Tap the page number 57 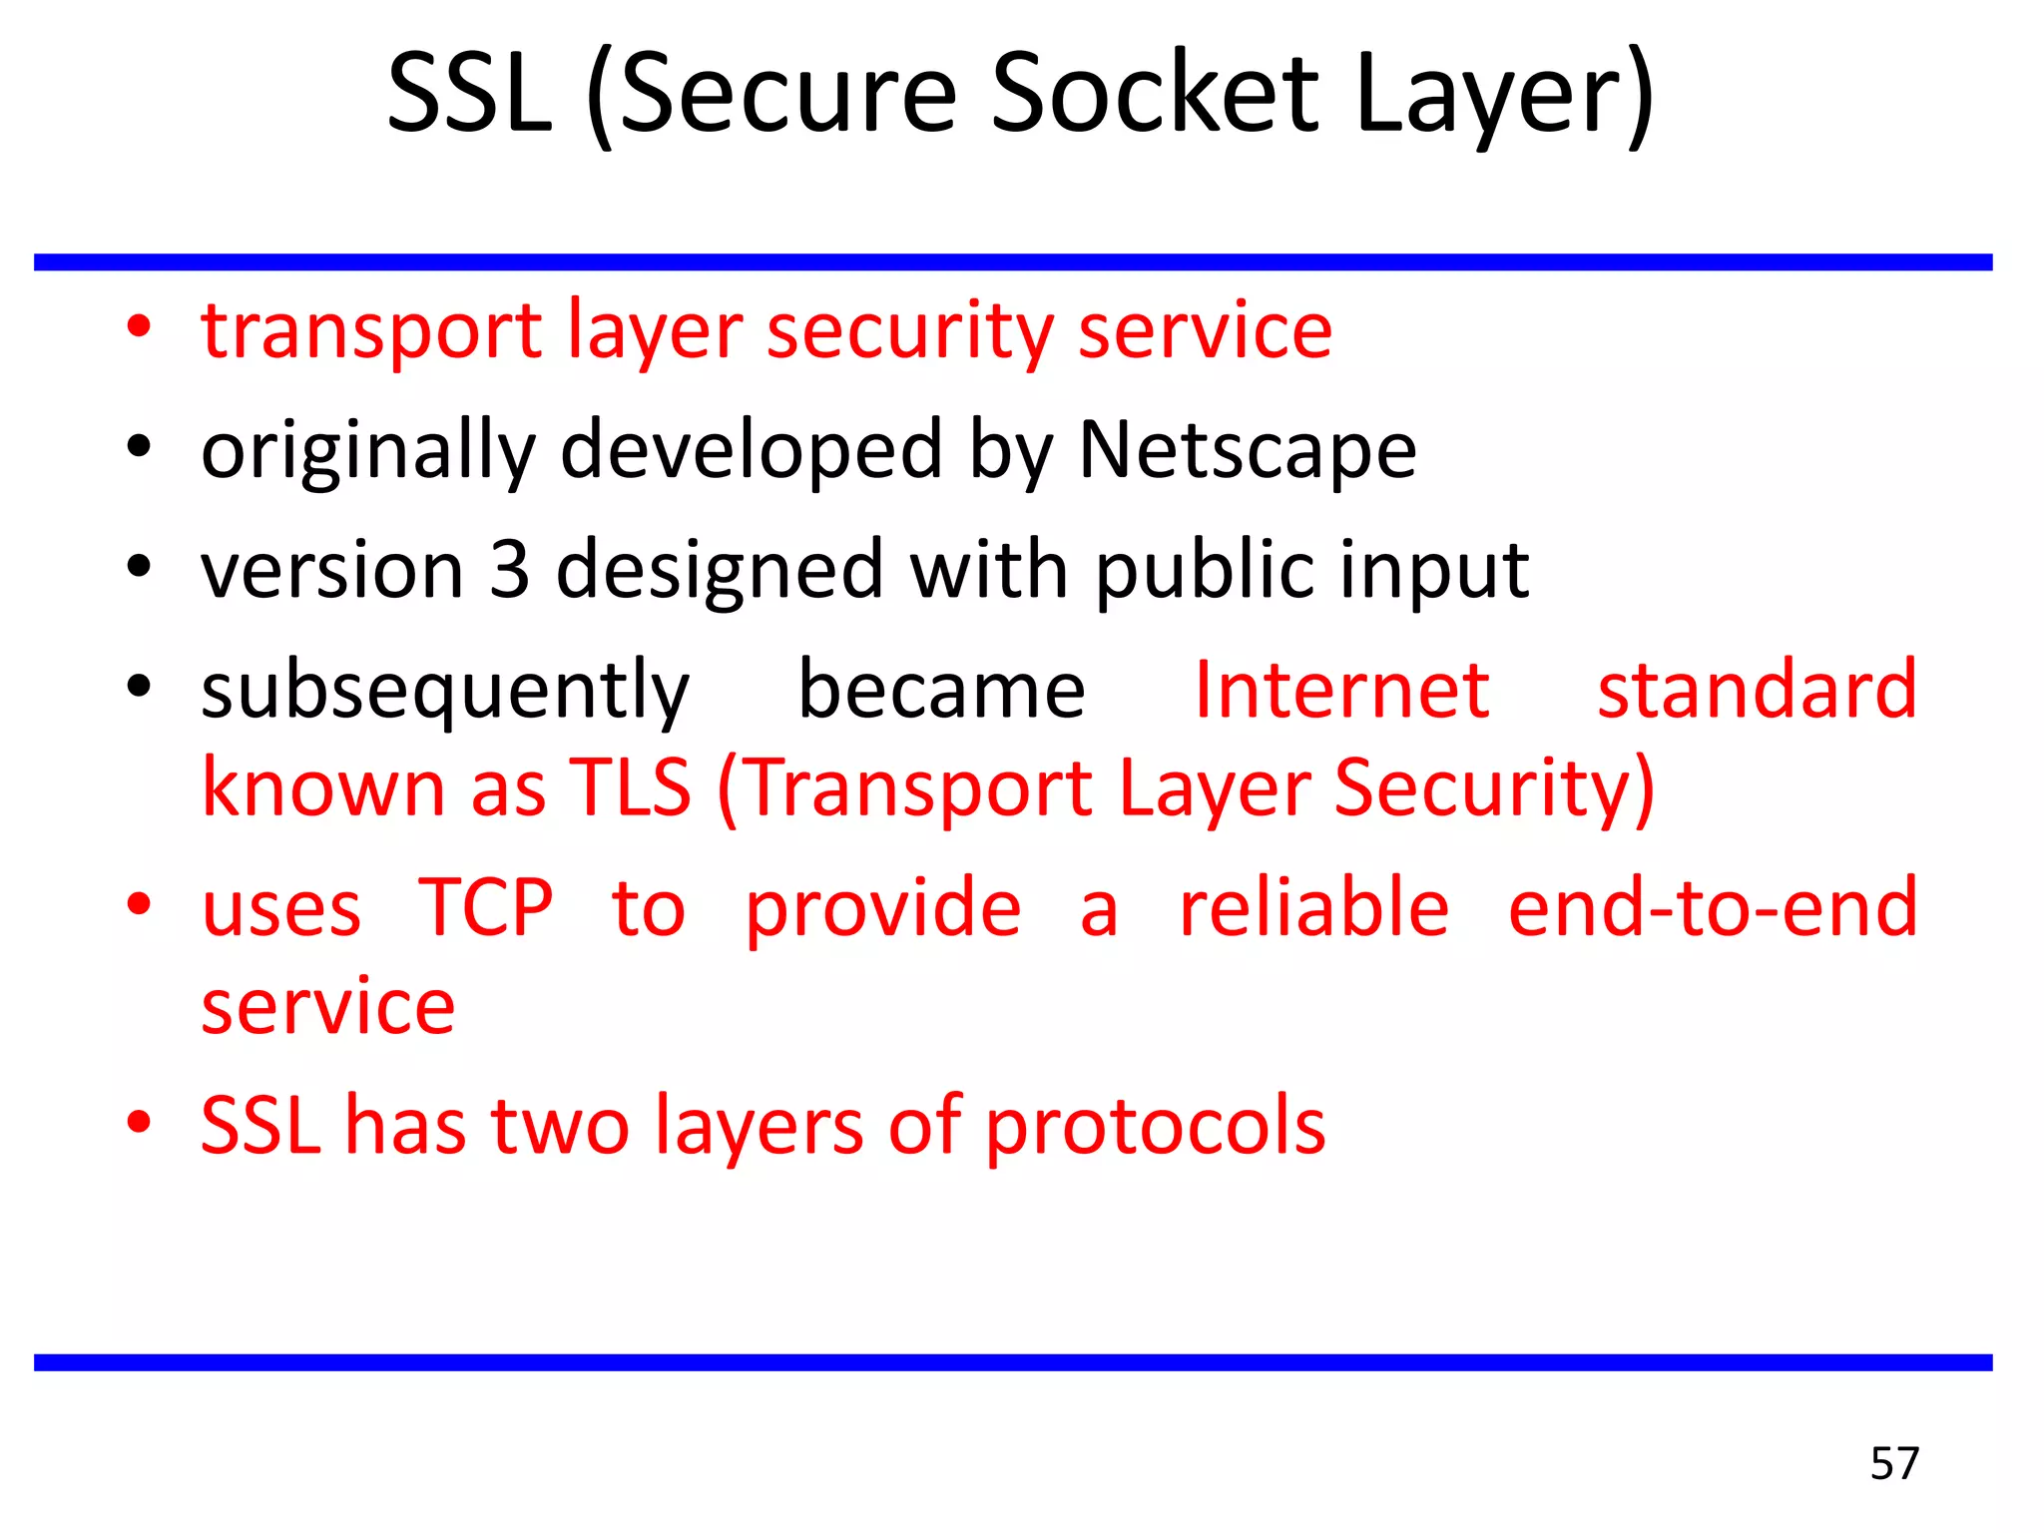(x=1894, y=1463)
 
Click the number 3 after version (x=509, y=570)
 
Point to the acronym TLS (x=630, y=788)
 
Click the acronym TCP (x=485, y=908)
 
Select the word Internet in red (x=1341, y=690)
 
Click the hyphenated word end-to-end (x=1713, y=908)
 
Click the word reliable (x=1313, y=908)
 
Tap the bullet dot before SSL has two (x=139, y=1122)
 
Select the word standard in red (x=1757, y=690)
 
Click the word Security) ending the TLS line (x=1494, y=788)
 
